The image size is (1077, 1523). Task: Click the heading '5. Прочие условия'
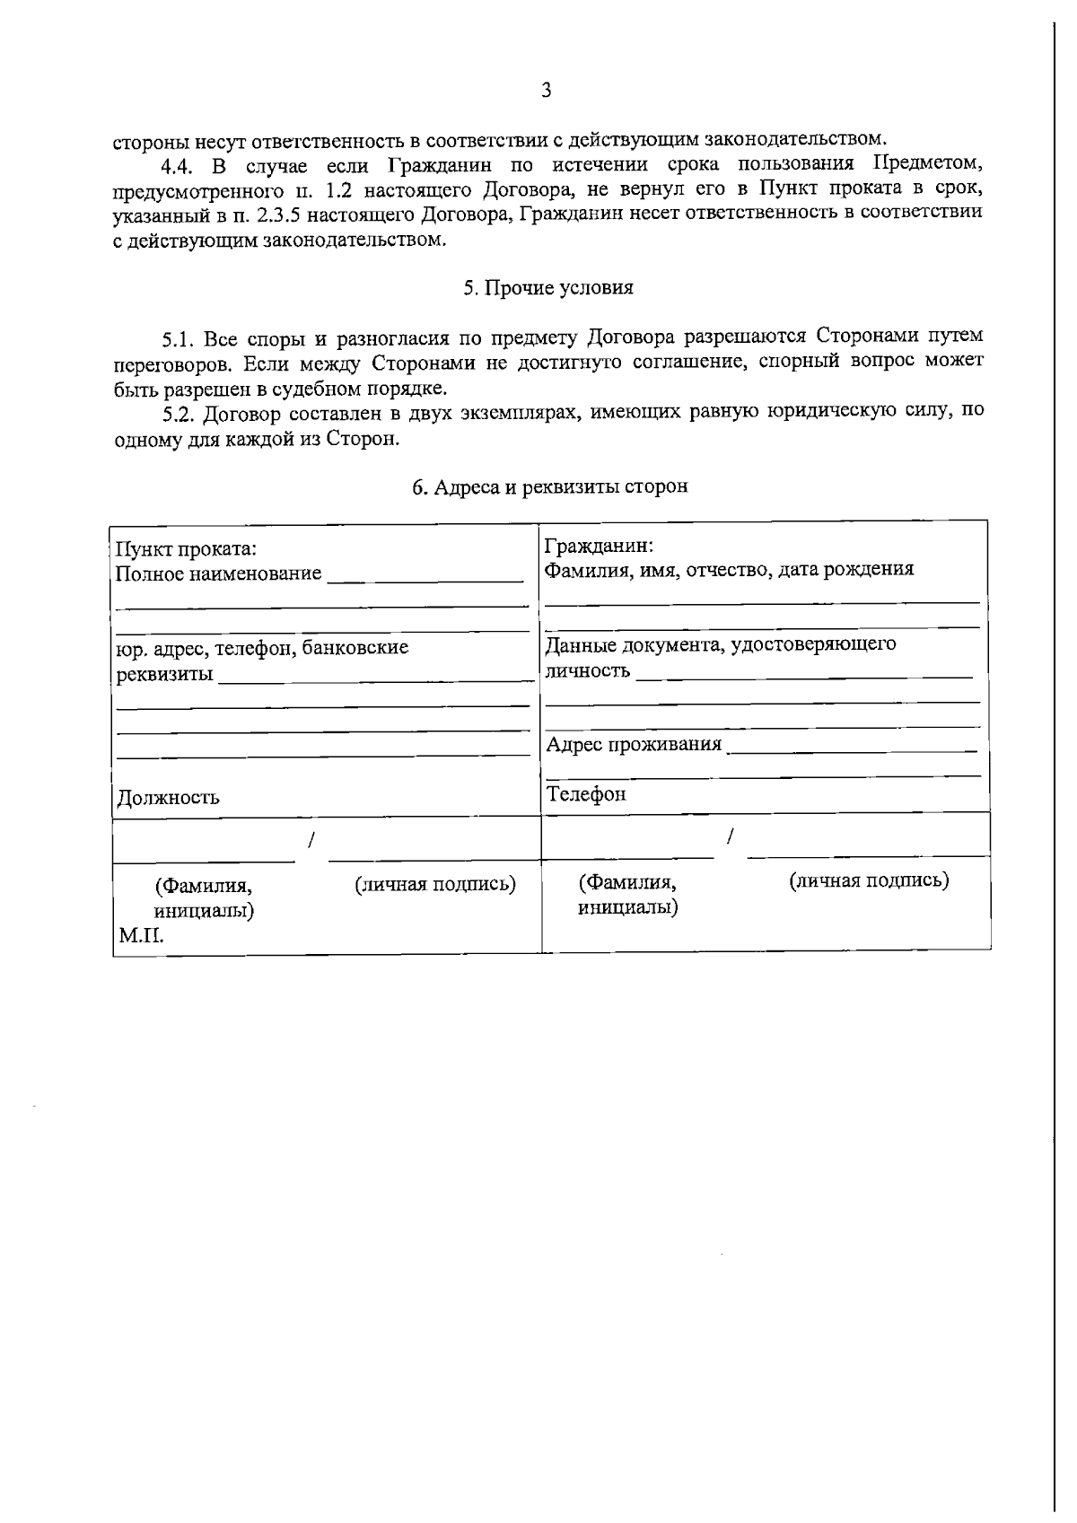point(548,288)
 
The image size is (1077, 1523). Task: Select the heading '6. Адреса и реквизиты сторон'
point(550,486)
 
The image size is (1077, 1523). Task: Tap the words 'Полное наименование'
point(219,573)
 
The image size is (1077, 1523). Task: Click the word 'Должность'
point(169,798)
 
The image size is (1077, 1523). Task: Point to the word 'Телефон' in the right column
point(587,794)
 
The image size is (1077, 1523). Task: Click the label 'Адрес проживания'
point(635,744)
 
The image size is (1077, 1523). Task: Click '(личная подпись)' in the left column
point(435,885)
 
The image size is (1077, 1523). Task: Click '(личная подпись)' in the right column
point(869,880)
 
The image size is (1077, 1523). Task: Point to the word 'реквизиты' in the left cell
point(165,674)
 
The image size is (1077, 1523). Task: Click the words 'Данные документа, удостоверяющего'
point(721,644)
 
